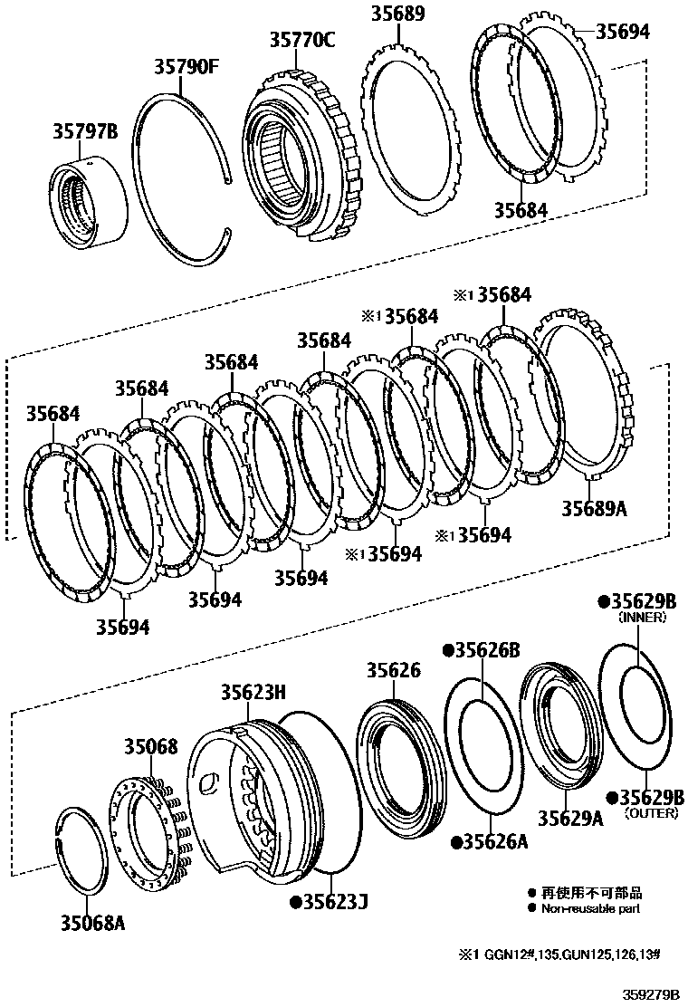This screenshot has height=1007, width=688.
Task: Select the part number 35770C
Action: click(x=301, y=39)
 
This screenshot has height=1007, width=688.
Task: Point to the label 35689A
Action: click(x=594, y=508)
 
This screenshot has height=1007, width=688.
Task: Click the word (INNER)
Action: click(x=642, y=618)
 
